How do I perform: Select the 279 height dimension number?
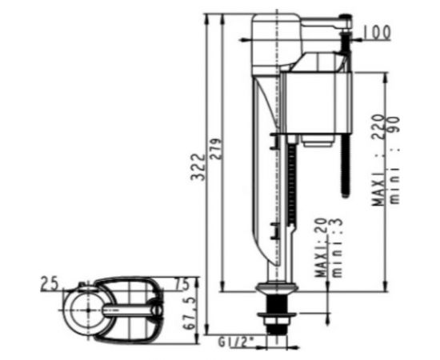pos(216,149)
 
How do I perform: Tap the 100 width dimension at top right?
pos(377,32)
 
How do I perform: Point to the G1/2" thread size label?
pos(235,342)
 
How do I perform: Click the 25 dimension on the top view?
pos(49,283)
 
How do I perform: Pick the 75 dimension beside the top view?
pos(182,284)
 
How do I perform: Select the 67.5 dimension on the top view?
pos(189,314)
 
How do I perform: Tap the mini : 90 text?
pos(394,160)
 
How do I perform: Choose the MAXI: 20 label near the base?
pos(320,248)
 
